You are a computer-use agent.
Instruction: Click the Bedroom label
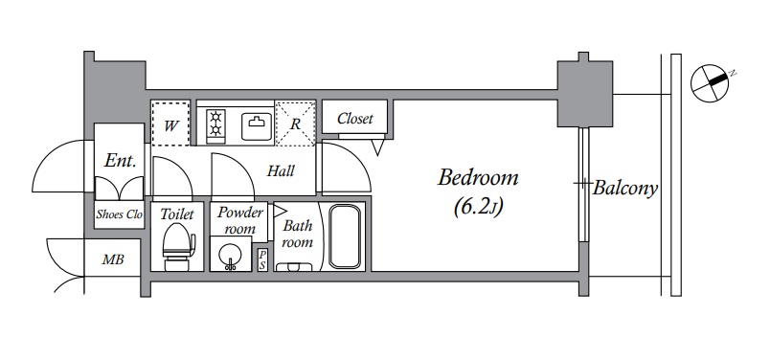(x=478, y=177)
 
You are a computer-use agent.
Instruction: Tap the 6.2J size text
(x=478, y=207)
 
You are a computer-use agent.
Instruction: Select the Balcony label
(x=625, y=188)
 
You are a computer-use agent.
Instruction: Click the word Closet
(x=355, y=119)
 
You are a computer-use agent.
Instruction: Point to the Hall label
(x=281, y=171)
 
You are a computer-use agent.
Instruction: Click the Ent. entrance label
(x=120, y=161)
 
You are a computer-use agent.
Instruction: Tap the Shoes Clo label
(x=120, y=214)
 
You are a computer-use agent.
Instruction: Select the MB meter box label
(x=113, y=259)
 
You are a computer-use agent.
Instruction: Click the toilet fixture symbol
(x=178, y=247)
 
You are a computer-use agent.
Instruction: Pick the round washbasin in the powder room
(x=229, y=255)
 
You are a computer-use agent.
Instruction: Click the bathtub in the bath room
(x=345, y=236)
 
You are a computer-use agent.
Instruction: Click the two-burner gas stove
(x=215, y=124)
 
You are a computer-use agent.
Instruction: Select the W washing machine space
(x=170, y=124)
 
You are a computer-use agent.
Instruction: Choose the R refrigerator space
(x=295, y=124)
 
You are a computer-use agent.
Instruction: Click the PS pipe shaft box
(x=262, y=259)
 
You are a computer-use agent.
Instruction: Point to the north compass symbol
(x=710, y=83)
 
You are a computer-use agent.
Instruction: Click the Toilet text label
(x=177, y=214)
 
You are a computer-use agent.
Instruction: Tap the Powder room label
(x=240, y=220)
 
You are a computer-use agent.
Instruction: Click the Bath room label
(x=298, y=234)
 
